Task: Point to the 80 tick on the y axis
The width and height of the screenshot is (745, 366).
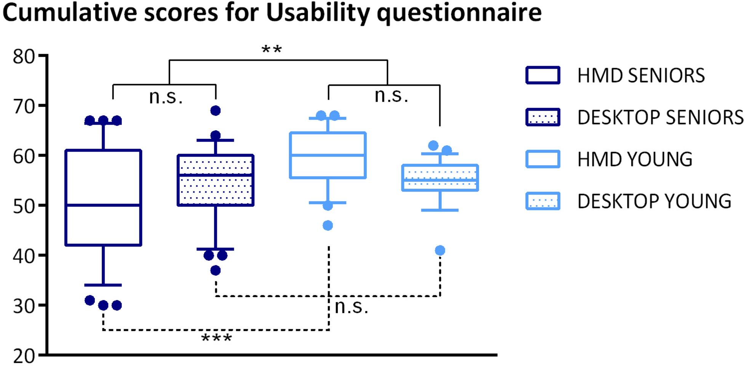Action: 24,56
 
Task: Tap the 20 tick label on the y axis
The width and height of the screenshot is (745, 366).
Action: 24,356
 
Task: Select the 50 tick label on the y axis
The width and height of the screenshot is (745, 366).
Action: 24,206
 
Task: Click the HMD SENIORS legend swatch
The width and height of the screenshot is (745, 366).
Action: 542,75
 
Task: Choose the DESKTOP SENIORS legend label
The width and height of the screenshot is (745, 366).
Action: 660,117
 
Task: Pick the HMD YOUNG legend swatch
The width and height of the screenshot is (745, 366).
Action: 542,159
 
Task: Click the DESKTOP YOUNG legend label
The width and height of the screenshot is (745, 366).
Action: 654,201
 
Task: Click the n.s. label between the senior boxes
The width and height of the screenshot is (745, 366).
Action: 166,97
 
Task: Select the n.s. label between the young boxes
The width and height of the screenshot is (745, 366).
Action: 391,95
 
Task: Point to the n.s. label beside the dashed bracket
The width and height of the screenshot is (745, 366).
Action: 351,307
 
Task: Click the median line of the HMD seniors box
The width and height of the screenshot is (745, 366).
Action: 103,205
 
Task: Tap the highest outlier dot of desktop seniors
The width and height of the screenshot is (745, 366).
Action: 216,111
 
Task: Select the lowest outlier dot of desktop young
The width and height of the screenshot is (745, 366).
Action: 440,250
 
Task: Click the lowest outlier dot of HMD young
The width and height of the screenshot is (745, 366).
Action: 328,226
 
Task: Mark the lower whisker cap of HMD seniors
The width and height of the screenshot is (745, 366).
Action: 103,285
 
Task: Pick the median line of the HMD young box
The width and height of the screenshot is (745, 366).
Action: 328,155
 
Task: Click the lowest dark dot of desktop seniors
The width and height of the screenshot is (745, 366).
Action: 216,271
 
